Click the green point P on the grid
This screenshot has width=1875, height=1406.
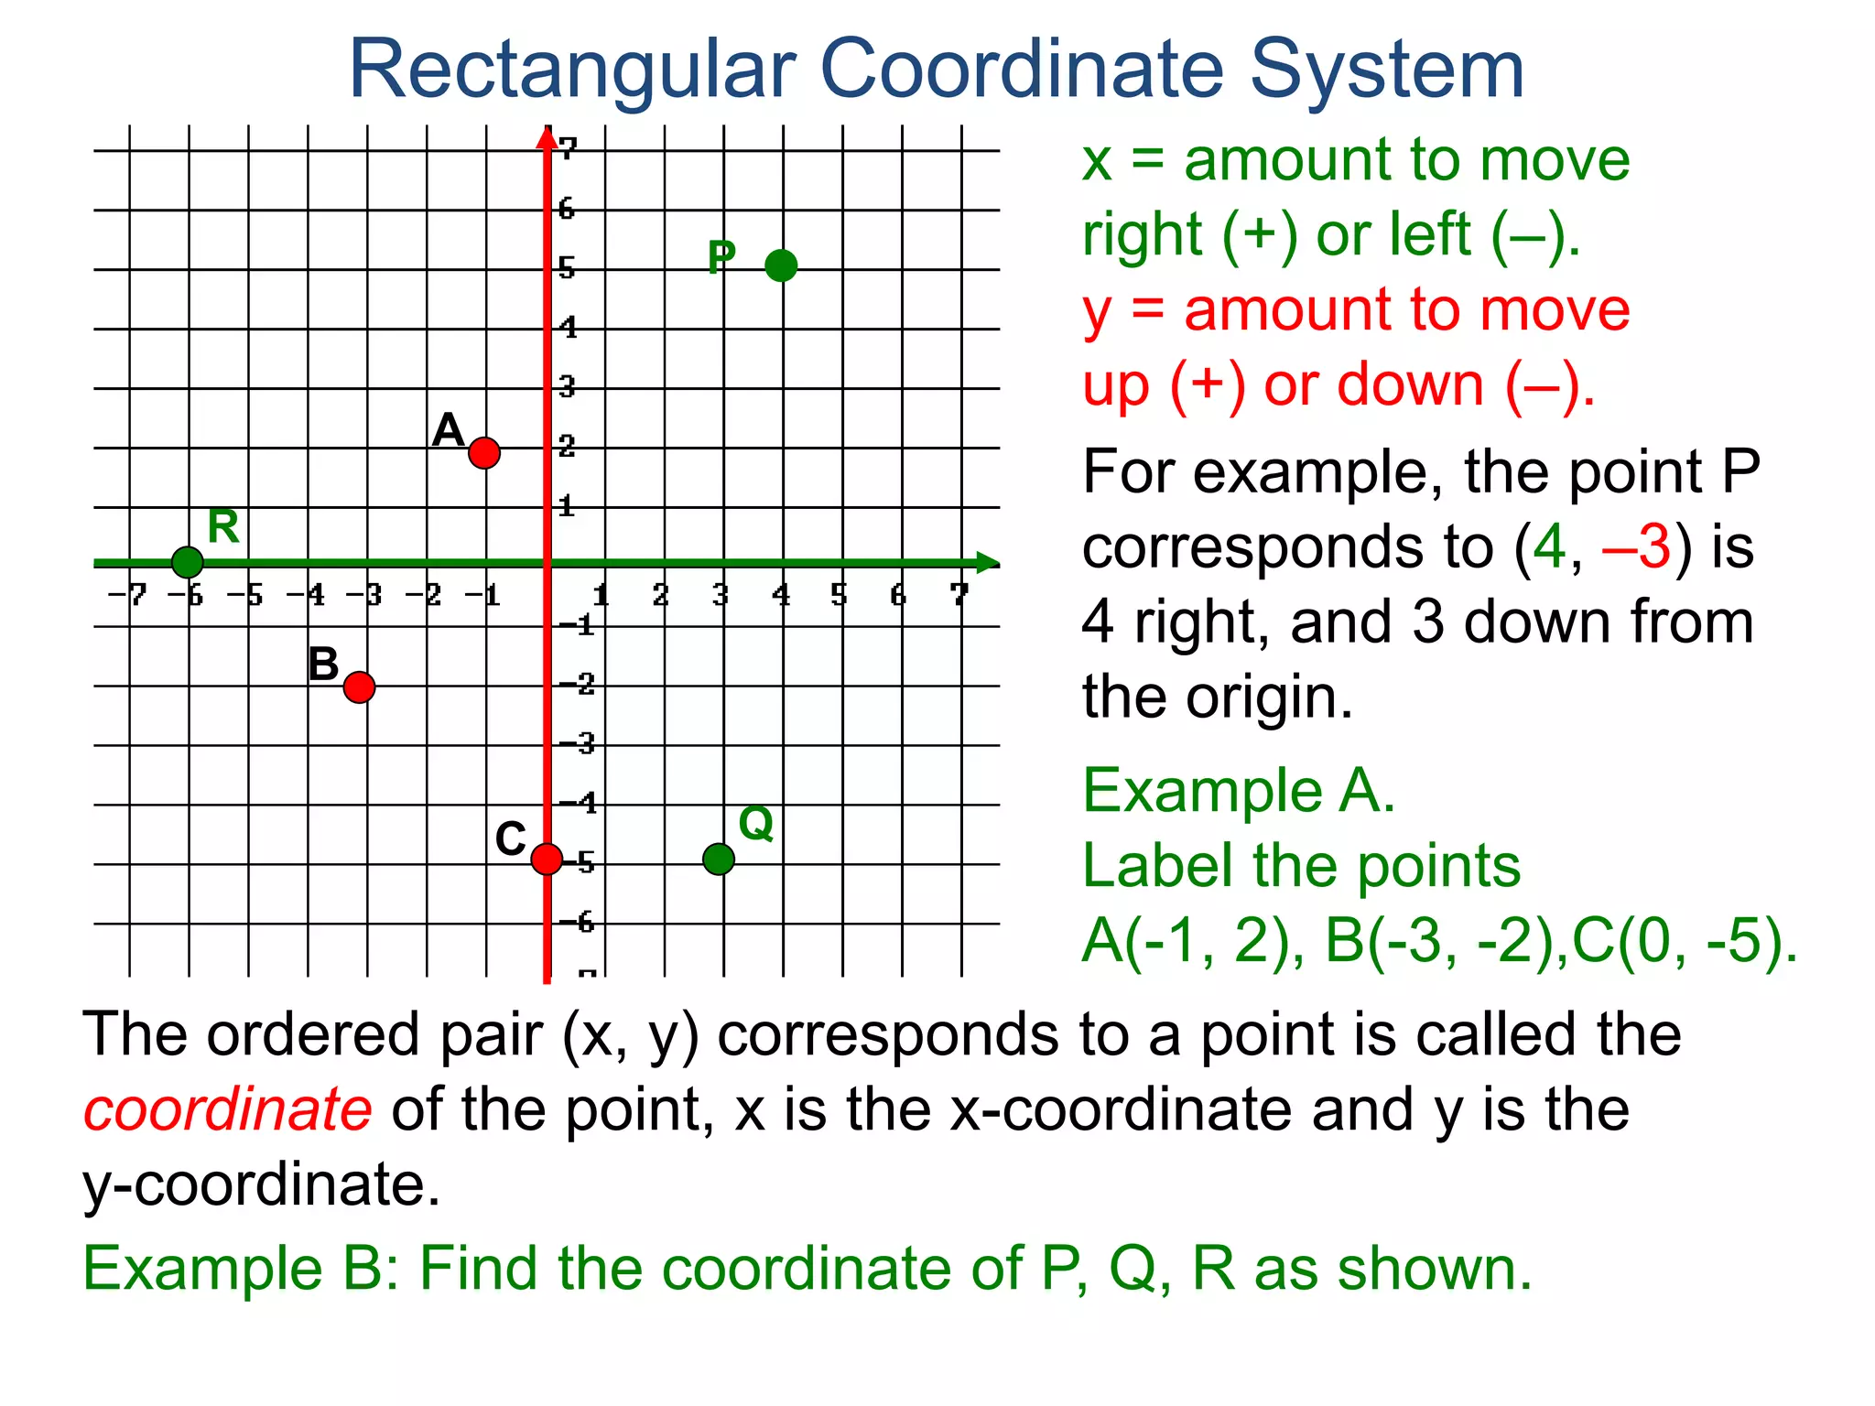pyautogui.click(x=781, y=265)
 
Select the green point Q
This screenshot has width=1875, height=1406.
pyautogui.click(x=719, y=859)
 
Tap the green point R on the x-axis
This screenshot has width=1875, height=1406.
pyautogui.click(x=187, y=562)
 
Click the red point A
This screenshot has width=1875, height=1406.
pyautogui.click(x=484, y=452)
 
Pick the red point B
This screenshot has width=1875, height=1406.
pyautogui.click(x=360, y=687)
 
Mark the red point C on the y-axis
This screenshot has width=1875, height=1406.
pyautogui.click(x=547, y=859)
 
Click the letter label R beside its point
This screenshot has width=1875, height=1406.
pyautogui.click(x=223, y=526)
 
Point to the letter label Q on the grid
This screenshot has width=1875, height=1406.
pyautogui.click(x=756, y=824)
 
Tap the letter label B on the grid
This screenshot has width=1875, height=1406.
pyautogui.click(x=323, y=665)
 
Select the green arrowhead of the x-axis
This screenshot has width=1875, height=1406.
pyautogui.click(x=987, y=563)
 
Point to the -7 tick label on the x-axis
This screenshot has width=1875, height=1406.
pyautogui.click(x=128, y=596)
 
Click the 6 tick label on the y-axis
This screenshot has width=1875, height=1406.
pyautogui.click(x=568, y=209)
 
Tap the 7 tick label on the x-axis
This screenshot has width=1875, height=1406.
pyautogui.click(x=959, y=595)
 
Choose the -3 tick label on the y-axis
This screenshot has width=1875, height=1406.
pyautogui.click(x=578, y=743)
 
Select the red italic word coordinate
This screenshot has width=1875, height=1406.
pyautogui.click(x=228, y=1109)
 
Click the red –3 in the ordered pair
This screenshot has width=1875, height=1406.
pyautogui.click(x=1637, y=547)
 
